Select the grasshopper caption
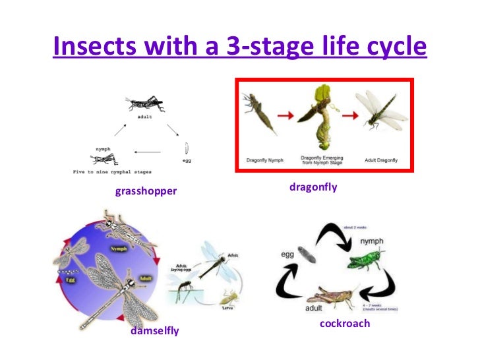click(146, 192)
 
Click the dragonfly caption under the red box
click(313, 187)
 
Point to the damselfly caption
click(155, 330)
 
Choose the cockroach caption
click(345, 324)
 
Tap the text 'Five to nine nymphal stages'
click(112, 171)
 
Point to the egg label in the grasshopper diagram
click(187, 160)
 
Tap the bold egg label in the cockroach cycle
click(288, 253)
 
